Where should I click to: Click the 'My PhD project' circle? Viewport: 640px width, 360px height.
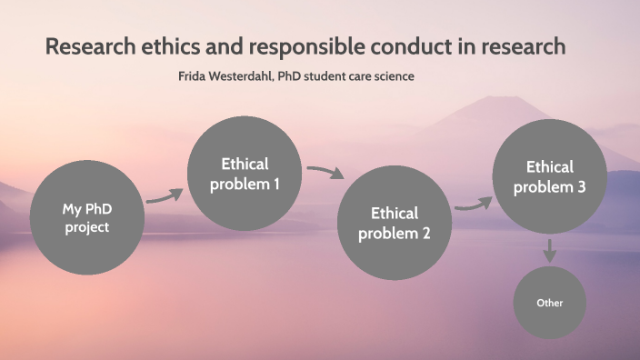tap(86, 218)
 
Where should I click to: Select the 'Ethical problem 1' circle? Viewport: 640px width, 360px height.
tap(245, 174)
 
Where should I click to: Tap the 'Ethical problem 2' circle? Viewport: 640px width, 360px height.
tap(394, 223)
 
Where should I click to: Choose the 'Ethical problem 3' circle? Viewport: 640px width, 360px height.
tap(549, 176)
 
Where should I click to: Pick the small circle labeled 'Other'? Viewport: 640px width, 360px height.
tap(549, 302)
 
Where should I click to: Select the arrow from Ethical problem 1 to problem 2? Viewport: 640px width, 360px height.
tap(325, 172)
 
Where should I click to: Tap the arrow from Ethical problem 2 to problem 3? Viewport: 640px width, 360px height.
tap(472, 205)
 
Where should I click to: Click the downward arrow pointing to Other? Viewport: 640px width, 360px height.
tap(549, 250)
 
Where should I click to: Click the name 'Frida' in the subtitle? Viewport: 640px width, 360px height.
tap(194, 76)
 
